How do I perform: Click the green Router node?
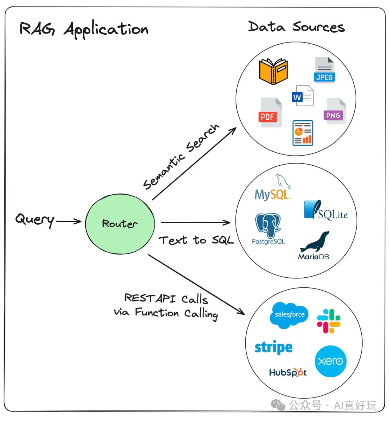click(x=120, y=224)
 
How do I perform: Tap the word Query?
click(x=35, y=219)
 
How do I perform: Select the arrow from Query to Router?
click(x=69, y=221)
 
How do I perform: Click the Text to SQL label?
click(x=196, y=240)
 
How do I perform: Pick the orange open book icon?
click(x=273, y=71)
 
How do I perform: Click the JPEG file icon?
click(x=324, y=70)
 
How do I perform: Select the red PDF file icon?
click(x=270, y=112)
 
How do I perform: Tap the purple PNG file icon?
click(x=335, y=111)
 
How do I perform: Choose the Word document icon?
click(x=302, y=96)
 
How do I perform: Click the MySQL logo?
click(x=273, y=189)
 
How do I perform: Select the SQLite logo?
click(x=326, y=211)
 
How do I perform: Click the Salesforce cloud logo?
click(x=289, y=315)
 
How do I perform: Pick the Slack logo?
click(x=328, y=321)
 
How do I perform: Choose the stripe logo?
click(x=273, y=348)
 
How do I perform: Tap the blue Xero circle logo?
click(x=330, y=361)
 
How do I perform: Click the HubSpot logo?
click(x=288, y=372)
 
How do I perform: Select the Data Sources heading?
click(x=296, y=27)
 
